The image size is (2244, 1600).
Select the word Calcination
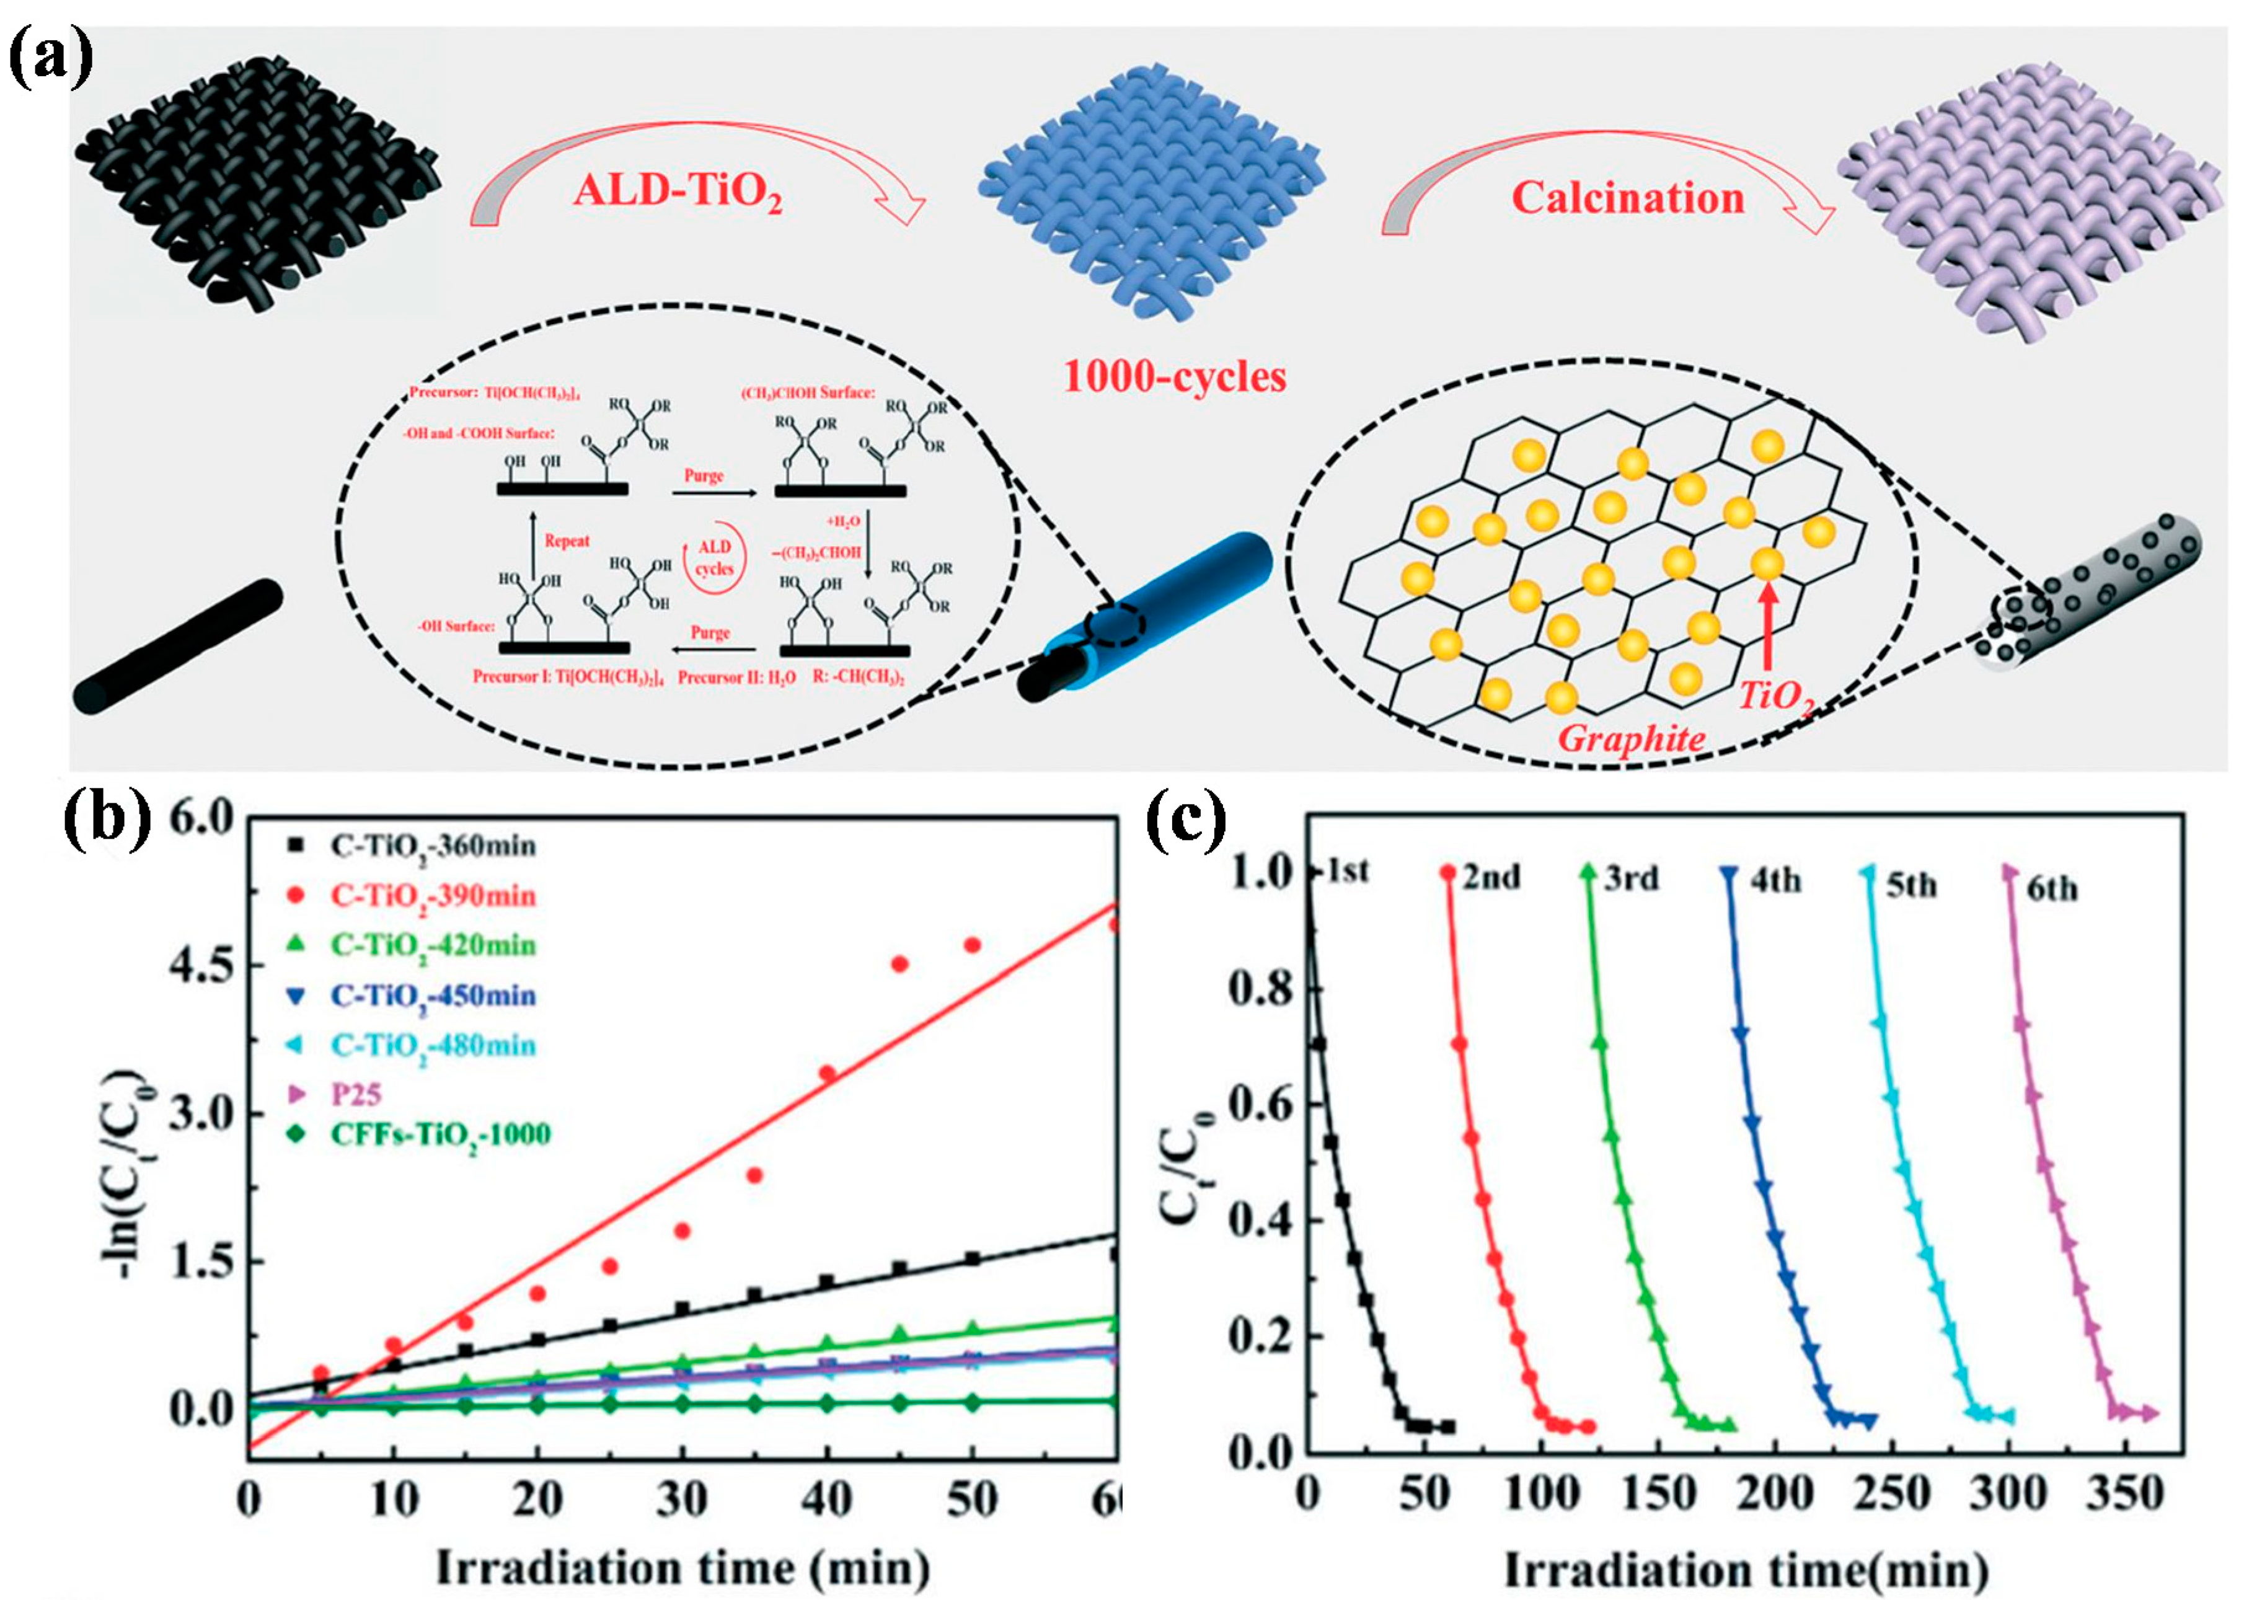pos(1627,198)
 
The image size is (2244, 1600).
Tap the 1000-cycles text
pos(1174,376)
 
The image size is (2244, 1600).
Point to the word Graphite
pos(1632,738)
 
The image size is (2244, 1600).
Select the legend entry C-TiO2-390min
pos(433,896)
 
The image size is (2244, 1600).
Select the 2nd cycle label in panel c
pos(1490,876)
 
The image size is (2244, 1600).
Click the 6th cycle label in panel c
pos(2052,889)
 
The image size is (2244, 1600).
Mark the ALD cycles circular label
pos(714,558)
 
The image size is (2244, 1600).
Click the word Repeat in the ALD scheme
pos(567,541)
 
